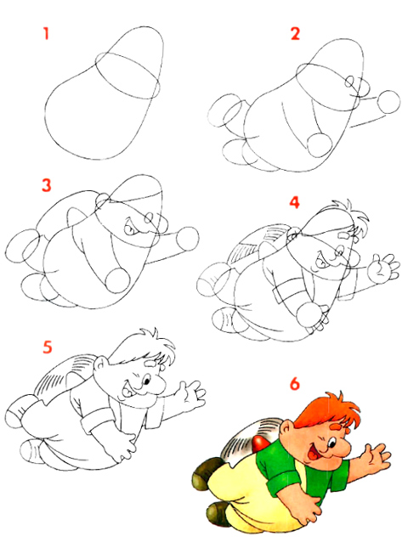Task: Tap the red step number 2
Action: point(295,34)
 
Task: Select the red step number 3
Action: point(47,185)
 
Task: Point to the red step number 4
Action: point(294,202)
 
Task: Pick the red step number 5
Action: point(48,347)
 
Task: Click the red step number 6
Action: point(294,384)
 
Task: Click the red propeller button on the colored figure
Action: point(261,443)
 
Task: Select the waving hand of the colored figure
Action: point(374,459)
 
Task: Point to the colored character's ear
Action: point(286,430)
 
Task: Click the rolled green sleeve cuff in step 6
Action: point(284,482)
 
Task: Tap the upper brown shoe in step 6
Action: point(207,472)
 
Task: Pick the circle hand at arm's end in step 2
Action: point(389,102)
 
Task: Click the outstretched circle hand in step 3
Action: point(188,239)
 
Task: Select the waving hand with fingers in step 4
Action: point(382,269)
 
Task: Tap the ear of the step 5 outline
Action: point(100,364)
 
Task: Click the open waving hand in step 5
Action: point(191,397)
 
